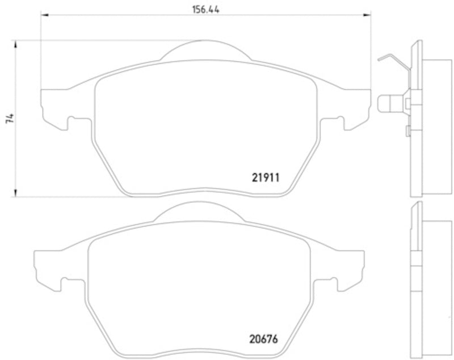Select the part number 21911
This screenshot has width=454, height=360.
[x=266, y=177]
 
